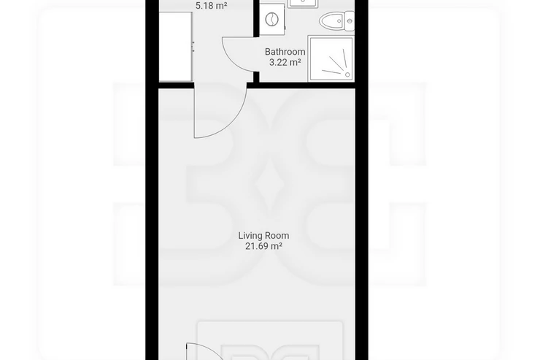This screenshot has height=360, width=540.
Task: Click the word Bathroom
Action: pos(285,52)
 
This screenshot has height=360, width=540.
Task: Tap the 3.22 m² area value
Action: pos(285,62)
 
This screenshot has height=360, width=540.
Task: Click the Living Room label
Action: pos(263,236)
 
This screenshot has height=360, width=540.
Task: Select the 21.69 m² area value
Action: pos(263,246)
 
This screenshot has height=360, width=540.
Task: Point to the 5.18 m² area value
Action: pos(211,6)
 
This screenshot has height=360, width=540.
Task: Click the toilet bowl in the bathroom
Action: pos(331,21)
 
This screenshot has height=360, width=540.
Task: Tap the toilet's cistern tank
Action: pos(350,21)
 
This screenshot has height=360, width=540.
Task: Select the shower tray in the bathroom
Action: pos(331,58)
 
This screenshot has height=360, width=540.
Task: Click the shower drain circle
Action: pos(347,74)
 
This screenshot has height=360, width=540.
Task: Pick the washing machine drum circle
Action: pos(271,19)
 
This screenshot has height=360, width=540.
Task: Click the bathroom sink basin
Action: pos(302,3)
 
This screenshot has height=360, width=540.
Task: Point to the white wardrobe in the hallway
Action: pos(175,47)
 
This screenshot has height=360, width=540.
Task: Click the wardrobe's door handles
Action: pos(193,47)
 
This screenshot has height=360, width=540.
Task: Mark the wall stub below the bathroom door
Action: pos(256,77)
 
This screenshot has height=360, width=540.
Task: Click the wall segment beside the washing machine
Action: pos(256,18)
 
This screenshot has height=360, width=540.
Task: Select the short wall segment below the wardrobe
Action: pos(177,85)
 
